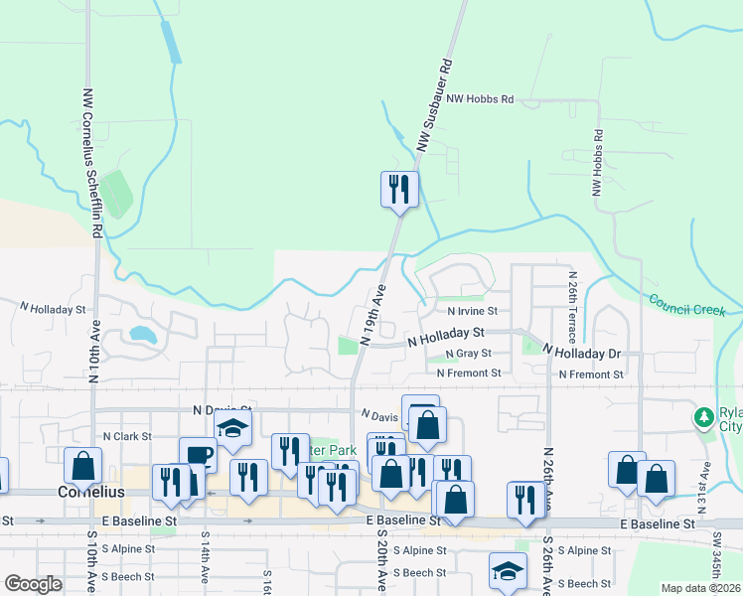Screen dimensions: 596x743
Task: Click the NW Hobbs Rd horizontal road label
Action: (x=480, y=99)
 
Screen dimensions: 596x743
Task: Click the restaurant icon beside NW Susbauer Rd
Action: (x=399, y=188)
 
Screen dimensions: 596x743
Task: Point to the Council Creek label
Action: (x=688, y=305)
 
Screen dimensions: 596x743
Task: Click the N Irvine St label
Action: (x=459, y=311)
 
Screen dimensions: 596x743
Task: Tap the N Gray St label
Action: (x=469, y=354)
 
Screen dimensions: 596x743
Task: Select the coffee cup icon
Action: (x=198, y=455)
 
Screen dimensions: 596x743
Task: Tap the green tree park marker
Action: (x=704, y=415)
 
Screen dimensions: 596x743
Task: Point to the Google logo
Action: (x=33, y=584)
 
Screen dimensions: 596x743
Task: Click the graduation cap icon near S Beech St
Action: (x=507, y=571)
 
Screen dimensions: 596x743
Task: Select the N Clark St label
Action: (x=126, y=436)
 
